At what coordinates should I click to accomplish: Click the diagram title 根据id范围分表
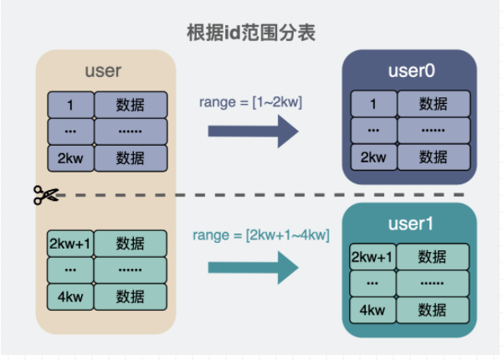coord(251,33)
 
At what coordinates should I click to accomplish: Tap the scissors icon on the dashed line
coord(46,195)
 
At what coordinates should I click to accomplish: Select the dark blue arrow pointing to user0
coord(253,131)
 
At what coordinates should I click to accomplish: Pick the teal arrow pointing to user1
coord(253,268)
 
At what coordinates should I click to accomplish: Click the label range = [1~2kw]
coord(250,102)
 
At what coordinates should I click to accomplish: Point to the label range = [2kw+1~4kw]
coord(261,235)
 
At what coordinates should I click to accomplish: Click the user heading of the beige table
coord(103,70)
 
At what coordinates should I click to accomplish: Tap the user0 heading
coord(411,70)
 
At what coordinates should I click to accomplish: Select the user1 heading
coord(411,224)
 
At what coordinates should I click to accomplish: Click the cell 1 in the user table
coord(70,105)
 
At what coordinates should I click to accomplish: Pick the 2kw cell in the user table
coord(70,158)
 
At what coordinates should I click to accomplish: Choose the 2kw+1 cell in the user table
coord(70,244)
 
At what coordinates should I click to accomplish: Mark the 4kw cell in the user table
coord(70,297)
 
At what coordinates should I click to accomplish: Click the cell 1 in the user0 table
coord(374,104)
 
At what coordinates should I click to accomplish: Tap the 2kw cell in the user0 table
coord(374,157)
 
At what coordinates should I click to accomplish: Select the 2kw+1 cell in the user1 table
coord(372,257)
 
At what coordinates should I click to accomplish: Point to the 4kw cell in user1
coord(372,310)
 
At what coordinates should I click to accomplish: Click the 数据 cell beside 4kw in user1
coord(433,310)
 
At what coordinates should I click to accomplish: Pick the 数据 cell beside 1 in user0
coord(434,104)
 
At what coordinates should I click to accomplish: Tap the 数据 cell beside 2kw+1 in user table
coord(131,244)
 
